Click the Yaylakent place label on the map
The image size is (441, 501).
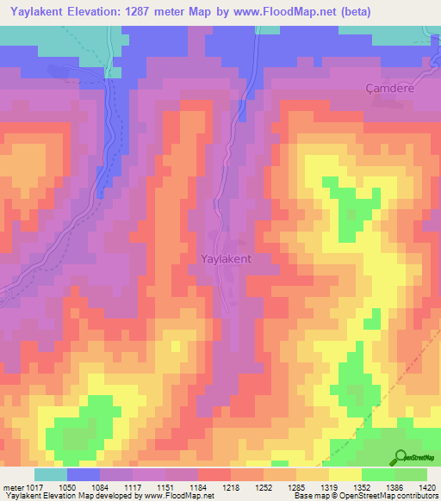point(225,258)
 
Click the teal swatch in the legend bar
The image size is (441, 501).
point(51,475)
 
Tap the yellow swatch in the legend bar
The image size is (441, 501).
point(345,475)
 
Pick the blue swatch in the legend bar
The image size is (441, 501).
point(84,475)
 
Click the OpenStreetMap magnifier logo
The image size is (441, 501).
point(401,457)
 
